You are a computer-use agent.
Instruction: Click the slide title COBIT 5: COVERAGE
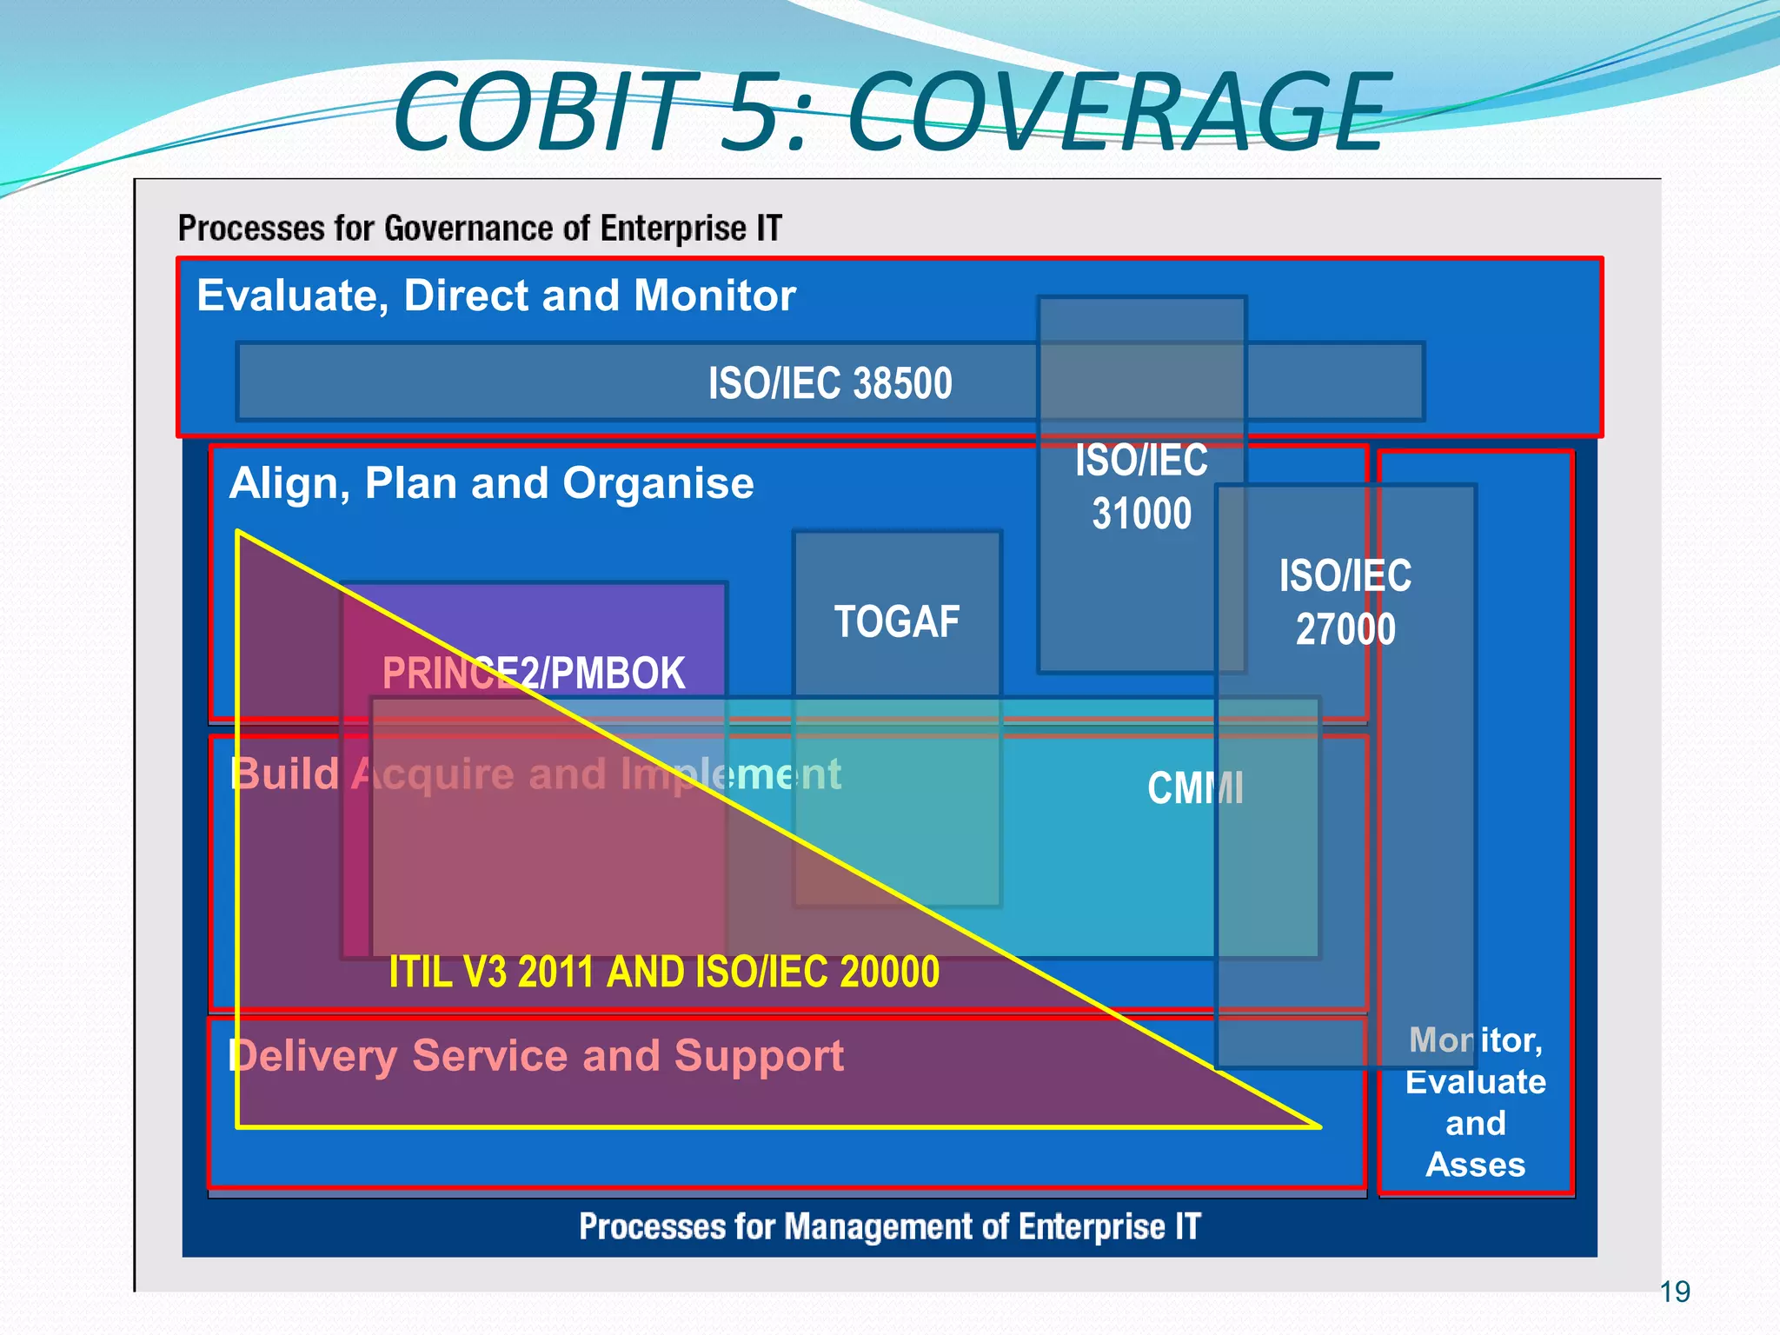(x=891, y=113)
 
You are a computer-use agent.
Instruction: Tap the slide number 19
(x=1675, y=1292)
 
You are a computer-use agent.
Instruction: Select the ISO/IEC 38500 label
(x=830, y=383)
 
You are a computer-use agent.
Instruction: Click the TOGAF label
(x=897, y=622)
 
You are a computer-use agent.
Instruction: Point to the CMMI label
(x=1195, y=788)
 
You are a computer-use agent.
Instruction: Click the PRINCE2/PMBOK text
(x=534, y=674)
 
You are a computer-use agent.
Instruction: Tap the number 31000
(x=1141, y=514)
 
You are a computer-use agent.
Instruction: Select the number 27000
(x=1345, y=629)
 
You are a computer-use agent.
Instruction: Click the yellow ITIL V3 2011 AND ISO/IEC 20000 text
(x=664, y=972)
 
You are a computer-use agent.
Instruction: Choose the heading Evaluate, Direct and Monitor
(x=496, y=296)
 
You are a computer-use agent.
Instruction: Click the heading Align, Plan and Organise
(x=491, y=483)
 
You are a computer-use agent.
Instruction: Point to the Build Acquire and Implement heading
(x=535, y=774)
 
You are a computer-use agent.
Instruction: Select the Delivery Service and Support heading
(x=535, y=1056)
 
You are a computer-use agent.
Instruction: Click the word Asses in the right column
(x=1475, y=1165)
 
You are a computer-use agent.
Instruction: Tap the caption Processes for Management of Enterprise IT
(x=890, y=1226)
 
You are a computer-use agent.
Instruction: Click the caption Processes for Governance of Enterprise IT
(x=480, y=229)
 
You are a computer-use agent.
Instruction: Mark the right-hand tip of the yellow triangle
(x=1318, y=1126)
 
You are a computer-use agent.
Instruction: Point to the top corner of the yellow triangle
(x=239, y=532)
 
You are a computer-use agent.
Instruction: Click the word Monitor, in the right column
(x=1475, y=1040)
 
